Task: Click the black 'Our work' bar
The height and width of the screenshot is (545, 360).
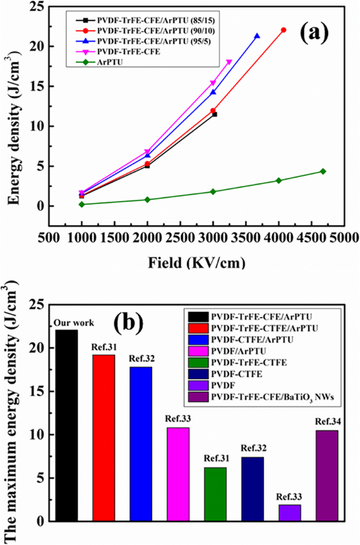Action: tap(66, 426)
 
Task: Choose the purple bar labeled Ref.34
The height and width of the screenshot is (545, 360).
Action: tap(327, 476)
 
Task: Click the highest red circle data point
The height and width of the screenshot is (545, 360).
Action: tap(284, 30)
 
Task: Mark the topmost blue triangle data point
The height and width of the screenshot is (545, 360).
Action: tap(257, 36)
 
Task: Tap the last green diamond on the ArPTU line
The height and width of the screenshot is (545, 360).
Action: tap(323, 171)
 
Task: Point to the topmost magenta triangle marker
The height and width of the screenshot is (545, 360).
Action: tap(229, 63)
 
